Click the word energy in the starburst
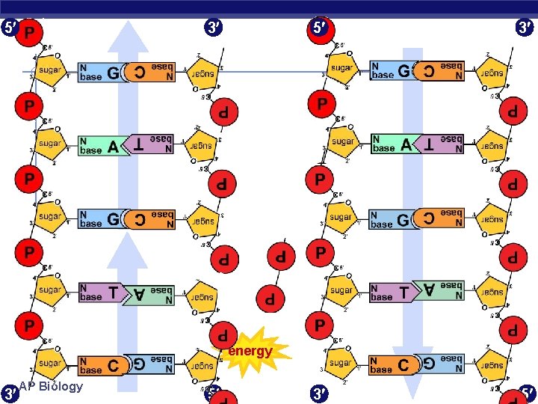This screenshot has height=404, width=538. [250, 351]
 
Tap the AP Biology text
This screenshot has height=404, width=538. [51, 387]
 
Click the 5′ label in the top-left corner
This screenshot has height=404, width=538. [8, 28]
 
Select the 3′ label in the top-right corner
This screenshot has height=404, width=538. [524, 28]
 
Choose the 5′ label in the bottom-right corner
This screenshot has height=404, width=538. [528, 393]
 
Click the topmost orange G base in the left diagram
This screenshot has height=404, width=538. [100, 72]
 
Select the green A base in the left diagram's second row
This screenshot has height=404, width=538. [100, 145]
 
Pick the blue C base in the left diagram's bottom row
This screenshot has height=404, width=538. [100, 365]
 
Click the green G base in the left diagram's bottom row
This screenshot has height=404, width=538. [150, 364]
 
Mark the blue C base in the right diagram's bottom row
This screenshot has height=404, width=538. [392, 365]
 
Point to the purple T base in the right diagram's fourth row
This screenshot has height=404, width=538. [392, 293]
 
